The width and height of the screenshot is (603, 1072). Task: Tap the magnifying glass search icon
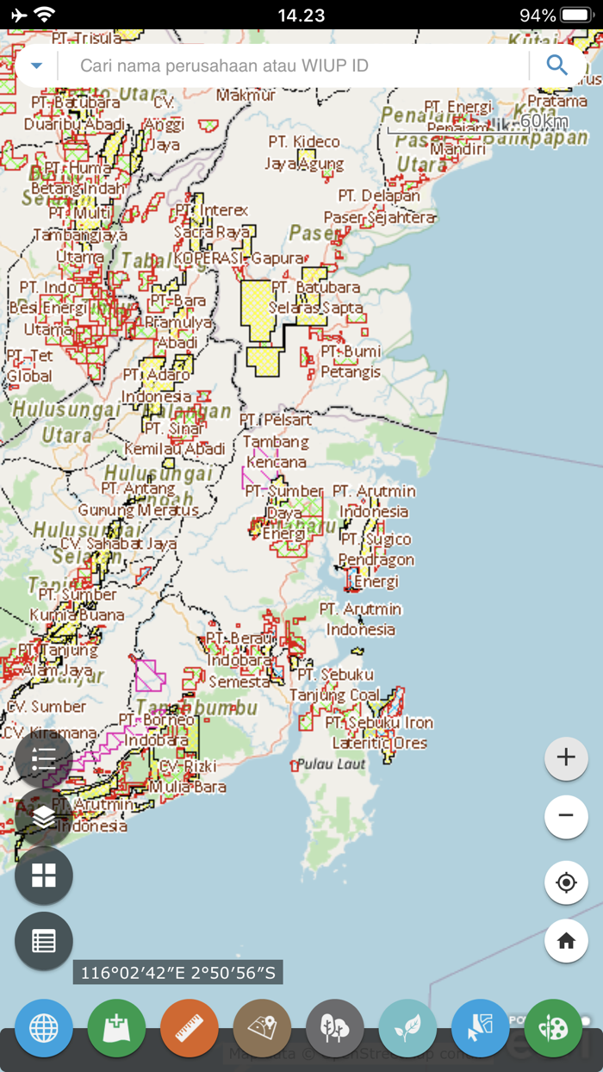tap(556, 65)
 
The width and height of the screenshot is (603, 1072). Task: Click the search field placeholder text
tap(224, 65)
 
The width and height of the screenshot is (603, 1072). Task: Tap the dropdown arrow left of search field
tap(36, 65)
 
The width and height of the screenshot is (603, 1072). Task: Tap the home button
tap(566, 941)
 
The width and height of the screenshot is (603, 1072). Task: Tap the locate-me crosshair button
tap(566, 882)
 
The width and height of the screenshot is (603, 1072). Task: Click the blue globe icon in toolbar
tap(44, 1028)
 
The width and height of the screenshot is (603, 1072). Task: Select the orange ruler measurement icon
tap(189, 1028)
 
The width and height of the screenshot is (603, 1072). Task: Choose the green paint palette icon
tap(553, 1028)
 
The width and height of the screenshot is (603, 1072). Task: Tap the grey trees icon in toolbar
tap(334, 1028)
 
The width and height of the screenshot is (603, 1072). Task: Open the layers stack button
tap(44, 817)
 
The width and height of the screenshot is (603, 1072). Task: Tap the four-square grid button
tap(44, 876)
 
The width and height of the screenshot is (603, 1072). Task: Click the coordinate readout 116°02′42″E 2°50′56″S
tap(178, 973)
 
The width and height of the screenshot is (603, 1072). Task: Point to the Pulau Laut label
tap(332, 763)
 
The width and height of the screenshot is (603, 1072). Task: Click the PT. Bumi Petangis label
tap(351, 362)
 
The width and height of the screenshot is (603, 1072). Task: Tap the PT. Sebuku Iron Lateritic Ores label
tap(379, 732)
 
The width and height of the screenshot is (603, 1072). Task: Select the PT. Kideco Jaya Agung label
tap(304, 153)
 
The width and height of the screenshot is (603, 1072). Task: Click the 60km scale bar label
tap(544, 121)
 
